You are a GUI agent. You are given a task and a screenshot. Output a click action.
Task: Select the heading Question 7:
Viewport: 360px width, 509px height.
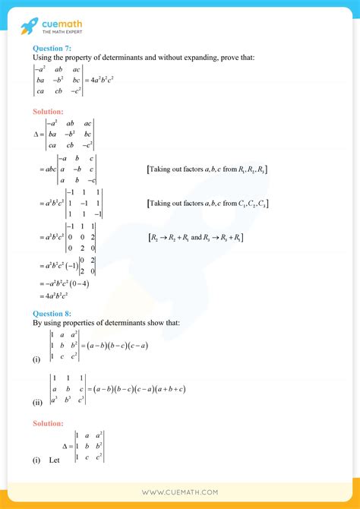(53, 49)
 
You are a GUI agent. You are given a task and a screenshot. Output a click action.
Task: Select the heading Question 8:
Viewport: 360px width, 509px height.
(53, 313)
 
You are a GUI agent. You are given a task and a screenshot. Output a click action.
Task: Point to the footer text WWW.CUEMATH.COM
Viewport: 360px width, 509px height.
(179, 492)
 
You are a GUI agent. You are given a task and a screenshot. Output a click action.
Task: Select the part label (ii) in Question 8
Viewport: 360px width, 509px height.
(36, 403)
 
